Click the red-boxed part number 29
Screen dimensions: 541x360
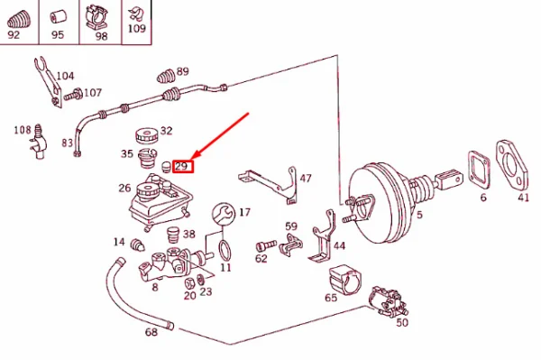(183, 166)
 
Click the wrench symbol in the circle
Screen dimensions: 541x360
(224, 214)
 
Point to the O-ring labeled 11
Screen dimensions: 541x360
(225, 250)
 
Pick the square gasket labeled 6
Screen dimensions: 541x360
(479, 171)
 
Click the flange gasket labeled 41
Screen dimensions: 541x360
(512, 165)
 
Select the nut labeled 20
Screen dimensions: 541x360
(189, 283)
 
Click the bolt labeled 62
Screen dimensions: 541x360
(266, 245)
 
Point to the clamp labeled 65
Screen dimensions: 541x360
(344, 279)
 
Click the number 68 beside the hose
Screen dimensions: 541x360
(151, 332)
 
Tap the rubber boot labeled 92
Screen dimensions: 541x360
(19, 20)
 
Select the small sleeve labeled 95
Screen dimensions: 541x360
(59, 17)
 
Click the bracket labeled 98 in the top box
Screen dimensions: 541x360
(96, 16)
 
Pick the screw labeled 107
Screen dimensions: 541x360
(73, 95)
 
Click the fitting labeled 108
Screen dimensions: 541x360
(38, 143)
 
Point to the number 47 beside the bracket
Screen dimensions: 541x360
(306, 178)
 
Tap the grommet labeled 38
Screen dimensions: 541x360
(173, 235)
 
